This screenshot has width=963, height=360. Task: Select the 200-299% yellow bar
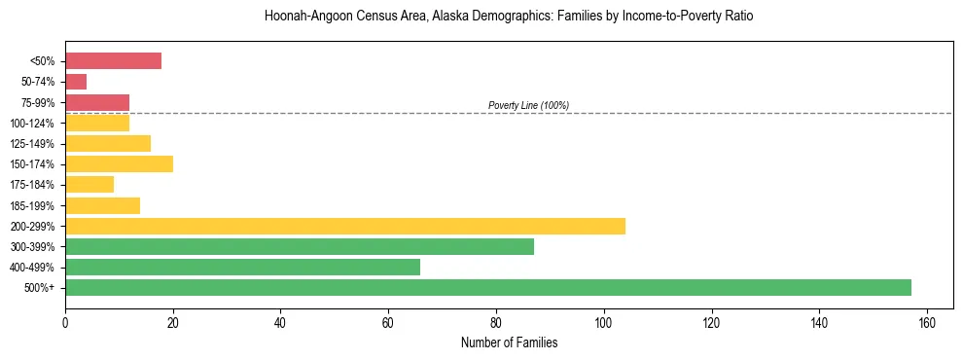pos(345,226)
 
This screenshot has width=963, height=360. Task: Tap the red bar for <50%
pos(113,60)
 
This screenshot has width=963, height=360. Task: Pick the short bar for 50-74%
pos(76,82)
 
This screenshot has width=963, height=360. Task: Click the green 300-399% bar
pos(300,246)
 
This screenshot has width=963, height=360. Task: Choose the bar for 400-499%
pos(242,267)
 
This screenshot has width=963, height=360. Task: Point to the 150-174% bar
pos(119,163)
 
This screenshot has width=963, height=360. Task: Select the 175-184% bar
pos(89,184)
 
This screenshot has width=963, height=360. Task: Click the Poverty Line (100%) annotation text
pos(528,105)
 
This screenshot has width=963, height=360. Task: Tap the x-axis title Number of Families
pos(509,342)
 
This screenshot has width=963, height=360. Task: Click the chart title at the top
pos(509,17)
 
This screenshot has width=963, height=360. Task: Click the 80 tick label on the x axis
pos(496,322)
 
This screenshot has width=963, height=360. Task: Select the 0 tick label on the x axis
pos(65,322)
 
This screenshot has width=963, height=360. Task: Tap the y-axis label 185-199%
pos(38,205)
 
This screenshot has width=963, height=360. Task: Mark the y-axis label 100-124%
pos(38,123)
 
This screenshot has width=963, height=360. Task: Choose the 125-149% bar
pos(108,143)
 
